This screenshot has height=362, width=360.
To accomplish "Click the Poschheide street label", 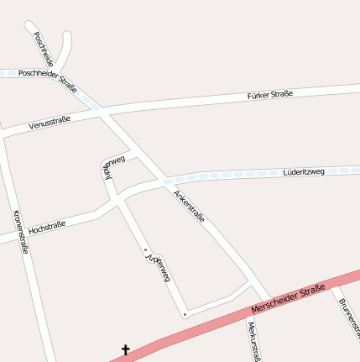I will [43, 50].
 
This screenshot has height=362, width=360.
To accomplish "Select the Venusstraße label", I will [50, 123].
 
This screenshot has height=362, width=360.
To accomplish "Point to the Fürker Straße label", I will [270, 95].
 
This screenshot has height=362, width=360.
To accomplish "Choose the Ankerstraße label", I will [189, 206].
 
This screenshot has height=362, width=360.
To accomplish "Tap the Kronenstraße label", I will [22, 231].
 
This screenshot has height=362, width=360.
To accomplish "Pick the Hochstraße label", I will [47, 227].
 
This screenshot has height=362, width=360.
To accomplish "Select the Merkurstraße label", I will [255, 340].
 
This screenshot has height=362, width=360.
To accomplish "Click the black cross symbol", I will [126, 349].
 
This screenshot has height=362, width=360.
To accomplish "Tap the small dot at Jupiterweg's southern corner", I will [185, 315].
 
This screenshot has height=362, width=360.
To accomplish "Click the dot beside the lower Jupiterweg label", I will [146, 249].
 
